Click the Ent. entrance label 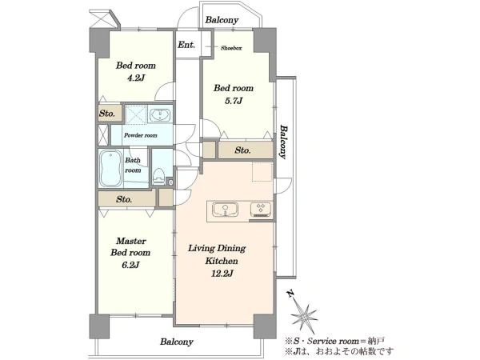coord(186,45)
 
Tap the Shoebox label coord(231,48)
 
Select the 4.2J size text coord(136,78)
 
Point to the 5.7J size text coord(234,101)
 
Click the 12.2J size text coord(222,274)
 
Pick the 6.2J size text coord(130,265)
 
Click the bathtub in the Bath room coord(111,168)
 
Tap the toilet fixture coord(158,176)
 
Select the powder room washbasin coord(159,115)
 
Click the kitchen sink coord(226,210)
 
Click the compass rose coord(304,315)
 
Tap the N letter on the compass coord(290,294)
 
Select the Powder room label coord(141,135)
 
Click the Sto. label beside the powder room coord(107,114)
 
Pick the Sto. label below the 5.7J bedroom coord(242,150)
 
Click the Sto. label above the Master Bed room coord(124,199)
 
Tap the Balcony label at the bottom coord(177,342)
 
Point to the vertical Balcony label coord(284,142)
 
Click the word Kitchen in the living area coord(222,261)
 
